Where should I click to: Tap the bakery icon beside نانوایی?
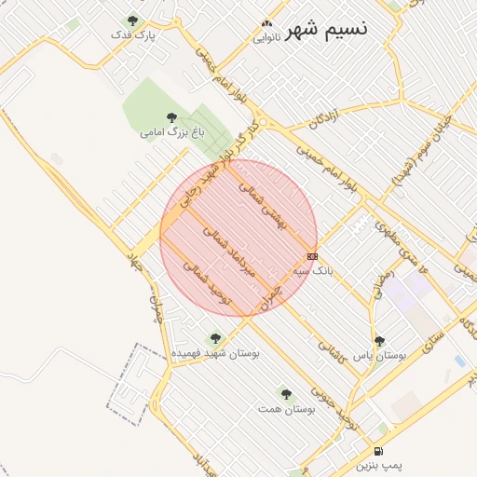point(267,24)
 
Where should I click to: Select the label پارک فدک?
point(131,34)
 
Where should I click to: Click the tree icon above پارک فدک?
point(132,20)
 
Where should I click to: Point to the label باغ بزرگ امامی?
point(170,132)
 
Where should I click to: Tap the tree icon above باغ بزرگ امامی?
point(170,117)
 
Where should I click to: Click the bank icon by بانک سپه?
point(312,256)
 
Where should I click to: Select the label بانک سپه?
point(313,270)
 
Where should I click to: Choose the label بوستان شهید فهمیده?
point(216,353)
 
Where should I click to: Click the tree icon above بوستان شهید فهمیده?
point(216,338)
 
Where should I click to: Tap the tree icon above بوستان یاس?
point(379,341)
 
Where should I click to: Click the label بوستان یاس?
point(382,355)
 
